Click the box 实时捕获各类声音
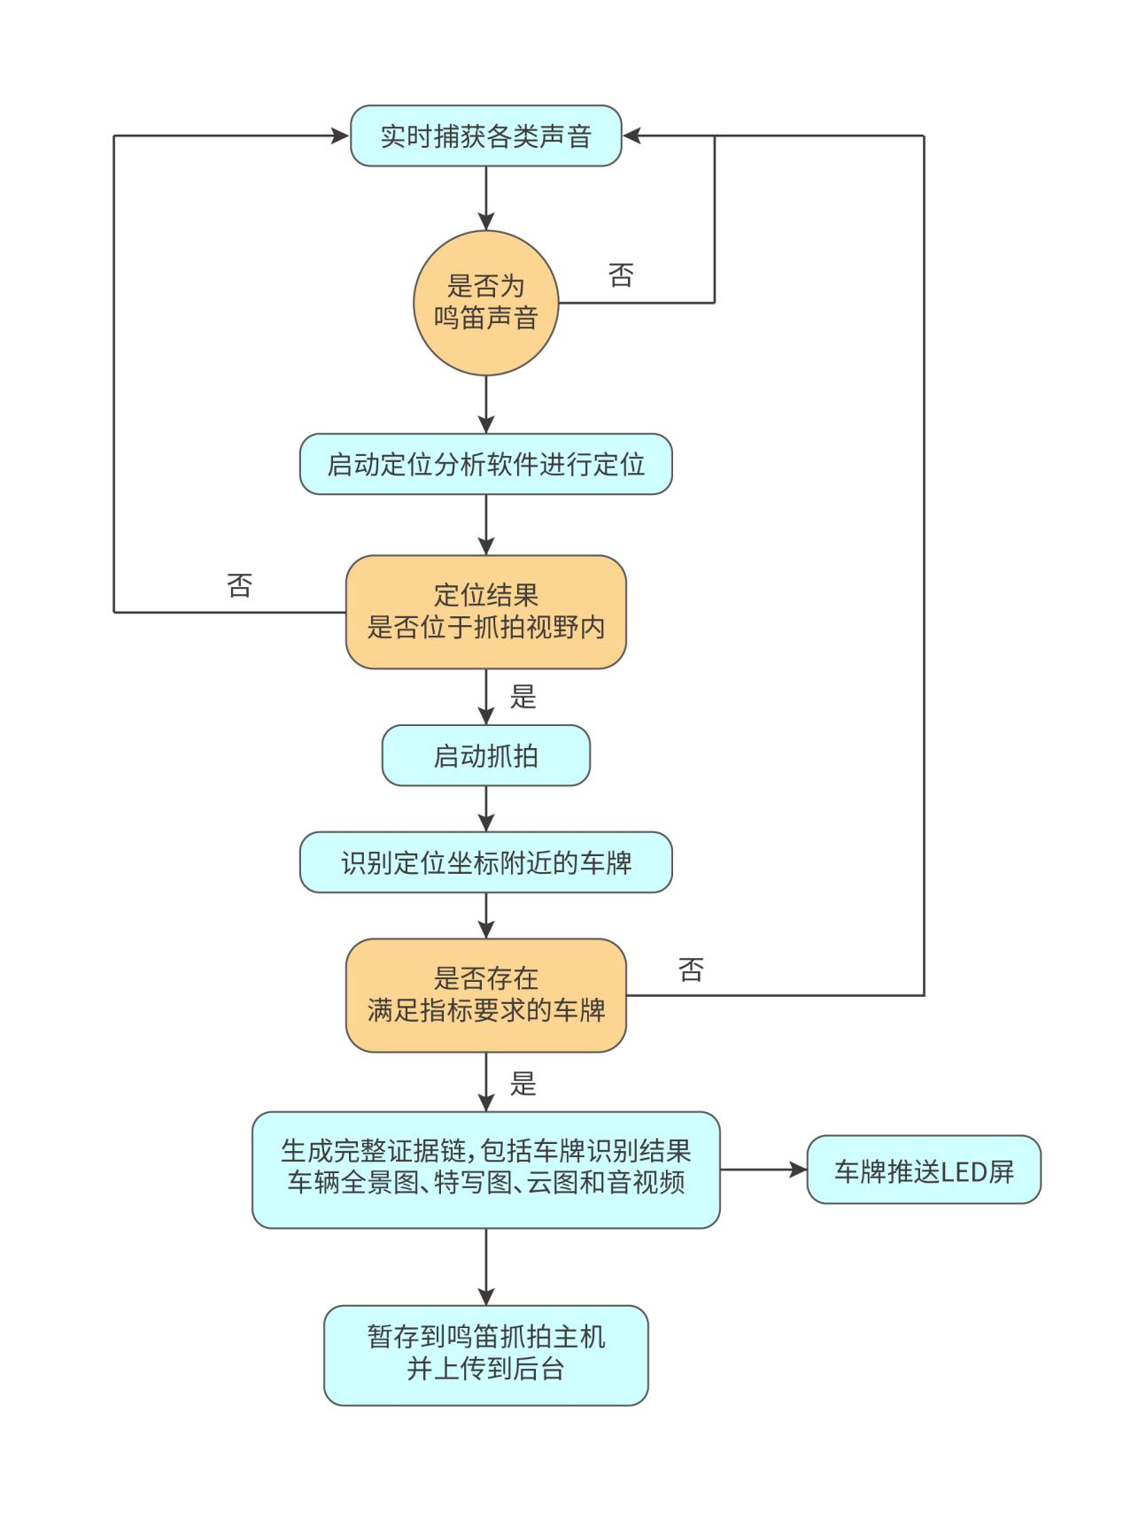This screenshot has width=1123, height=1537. point(485,136)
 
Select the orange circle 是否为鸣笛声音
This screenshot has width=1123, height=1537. point(485,303)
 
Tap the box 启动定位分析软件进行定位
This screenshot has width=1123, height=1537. point(485,464)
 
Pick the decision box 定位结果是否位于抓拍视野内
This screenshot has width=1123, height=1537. point(485,612)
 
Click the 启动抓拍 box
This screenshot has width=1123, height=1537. point(485,755)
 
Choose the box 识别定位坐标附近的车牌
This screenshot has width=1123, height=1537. point(485,862)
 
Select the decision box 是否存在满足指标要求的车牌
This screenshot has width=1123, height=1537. point(485,995)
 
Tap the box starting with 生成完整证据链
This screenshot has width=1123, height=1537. point(485,1170)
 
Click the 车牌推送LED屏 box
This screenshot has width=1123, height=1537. point(923,1170)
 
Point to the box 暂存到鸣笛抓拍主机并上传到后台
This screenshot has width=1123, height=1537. point(485,1355)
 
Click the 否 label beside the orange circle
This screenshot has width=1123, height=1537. point(621,275)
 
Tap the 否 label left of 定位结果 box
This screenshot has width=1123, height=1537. point(240,585)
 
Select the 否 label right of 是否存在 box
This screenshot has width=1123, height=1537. point(691,970)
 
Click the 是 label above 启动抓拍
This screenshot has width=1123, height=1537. point(523,697)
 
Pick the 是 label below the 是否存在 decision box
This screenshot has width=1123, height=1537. point(523,1083)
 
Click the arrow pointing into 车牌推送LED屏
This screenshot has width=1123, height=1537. point(763,1170)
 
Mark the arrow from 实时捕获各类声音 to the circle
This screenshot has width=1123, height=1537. point(485,198)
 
